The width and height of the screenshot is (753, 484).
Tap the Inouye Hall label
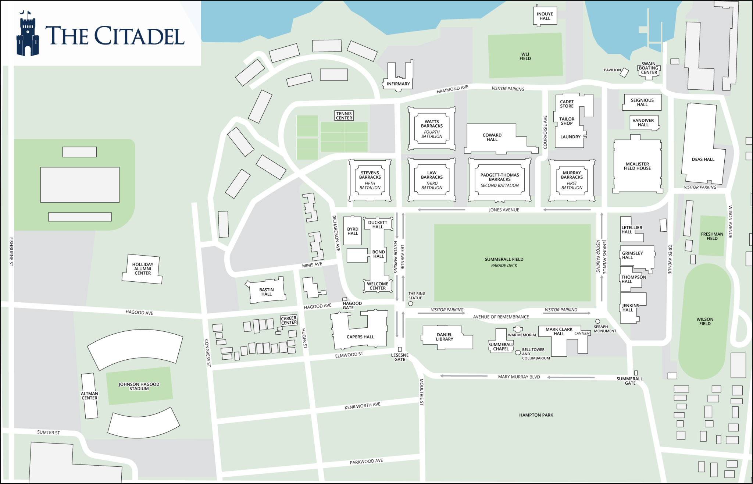(x=545, y=16)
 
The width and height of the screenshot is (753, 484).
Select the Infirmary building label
(x=398, y=84)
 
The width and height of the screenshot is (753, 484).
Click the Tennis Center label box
(x=344, y=116)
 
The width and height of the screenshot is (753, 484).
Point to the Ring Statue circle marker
(x=411, y=303)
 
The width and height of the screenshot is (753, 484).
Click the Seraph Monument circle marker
(x=597, y=321)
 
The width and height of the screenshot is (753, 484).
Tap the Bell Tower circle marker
(x=518, y=352)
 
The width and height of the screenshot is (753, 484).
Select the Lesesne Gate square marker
(x=400, y=349)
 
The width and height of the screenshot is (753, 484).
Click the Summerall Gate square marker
(x=636, y=373)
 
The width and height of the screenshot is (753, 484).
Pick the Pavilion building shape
(x=624, y=72)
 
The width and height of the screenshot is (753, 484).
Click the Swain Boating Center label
(x=649, y=68)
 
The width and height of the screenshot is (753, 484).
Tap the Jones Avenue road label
(x=504, y=210)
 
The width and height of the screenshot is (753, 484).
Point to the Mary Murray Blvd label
(x=519, y=377)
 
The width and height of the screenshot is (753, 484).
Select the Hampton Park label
(x=536, y=415)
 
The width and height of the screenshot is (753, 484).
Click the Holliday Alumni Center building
(x=142, y=269)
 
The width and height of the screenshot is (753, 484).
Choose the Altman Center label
(x=89, y=396)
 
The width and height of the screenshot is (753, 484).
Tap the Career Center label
(x=289, y=320)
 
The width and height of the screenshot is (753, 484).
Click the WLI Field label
(x=525, y=56)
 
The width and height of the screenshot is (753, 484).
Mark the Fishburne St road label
(x=11, y=252)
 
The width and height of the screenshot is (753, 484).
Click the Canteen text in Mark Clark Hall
(x=582, y=333)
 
